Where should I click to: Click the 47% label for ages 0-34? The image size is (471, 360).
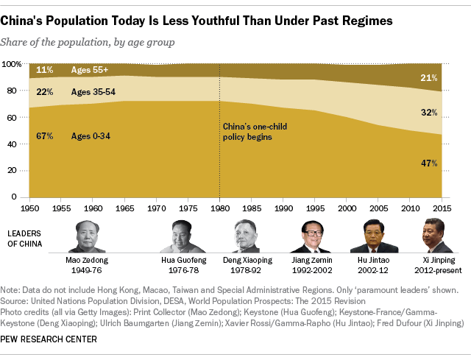(429, 163)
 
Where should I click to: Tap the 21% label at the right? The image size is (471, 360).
(429, 78)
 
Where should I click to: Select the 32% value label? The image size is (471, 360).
(429, 113)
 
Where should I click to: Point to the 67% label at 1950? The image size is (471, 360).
(44, 135)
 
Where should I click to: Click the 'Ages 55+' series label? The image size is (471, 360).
(90, 71)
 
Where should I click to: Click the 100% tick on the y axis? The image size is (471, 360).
(14, 65)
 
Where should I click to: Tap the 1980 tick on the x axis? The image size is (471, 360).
(219, 208)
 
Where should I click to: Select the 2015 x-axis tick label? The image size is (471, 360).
(441, 208)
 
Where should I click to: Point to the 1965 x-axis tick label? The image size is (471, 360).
(124, 208)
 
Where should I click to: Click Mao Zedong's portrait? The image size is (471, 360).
(92, 236)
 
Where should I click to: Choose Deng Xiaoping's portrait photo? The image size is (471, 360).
(247, 236)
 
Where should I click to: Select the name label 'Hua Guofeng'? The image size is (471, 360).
(183, 260)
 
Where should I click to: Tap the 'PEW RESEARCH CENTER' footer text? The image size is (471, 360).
(49, 339)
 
